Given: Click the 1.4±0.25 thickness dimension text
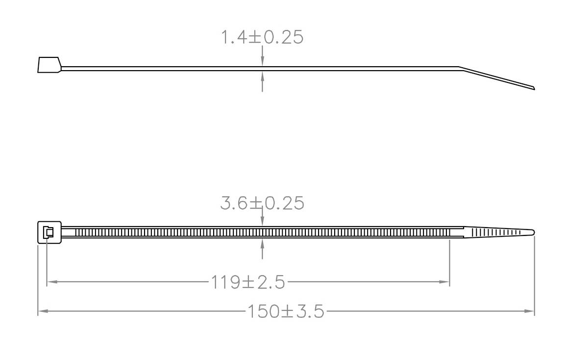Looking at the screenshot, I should [x=262, y=37].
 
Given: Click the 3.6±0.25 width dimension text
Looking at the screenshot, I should [x=262, y=203].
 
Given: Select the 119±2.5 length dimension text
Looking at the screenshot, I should [x=248, y=282].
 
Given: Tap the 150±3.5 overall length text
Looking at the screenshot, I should [x=285, y=311].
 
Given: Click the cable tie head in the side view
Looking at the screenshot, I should [x=49, y=65].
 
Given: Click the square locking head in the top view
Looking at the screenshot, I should [x=49, y=232].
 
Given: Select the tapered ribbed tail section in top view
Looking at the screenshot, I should [x=495, y=232].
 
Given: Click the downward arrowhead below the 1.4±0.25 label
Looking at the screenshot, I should [x=263, y=61].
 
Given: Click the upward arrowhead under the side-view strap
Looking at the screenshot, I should [x=263, y=76].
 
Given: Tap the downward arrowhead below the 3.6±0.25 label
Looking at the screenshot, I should [x=263, y=222].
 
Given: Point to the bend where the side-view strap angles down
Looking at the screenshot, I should [x=459, y=68].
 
